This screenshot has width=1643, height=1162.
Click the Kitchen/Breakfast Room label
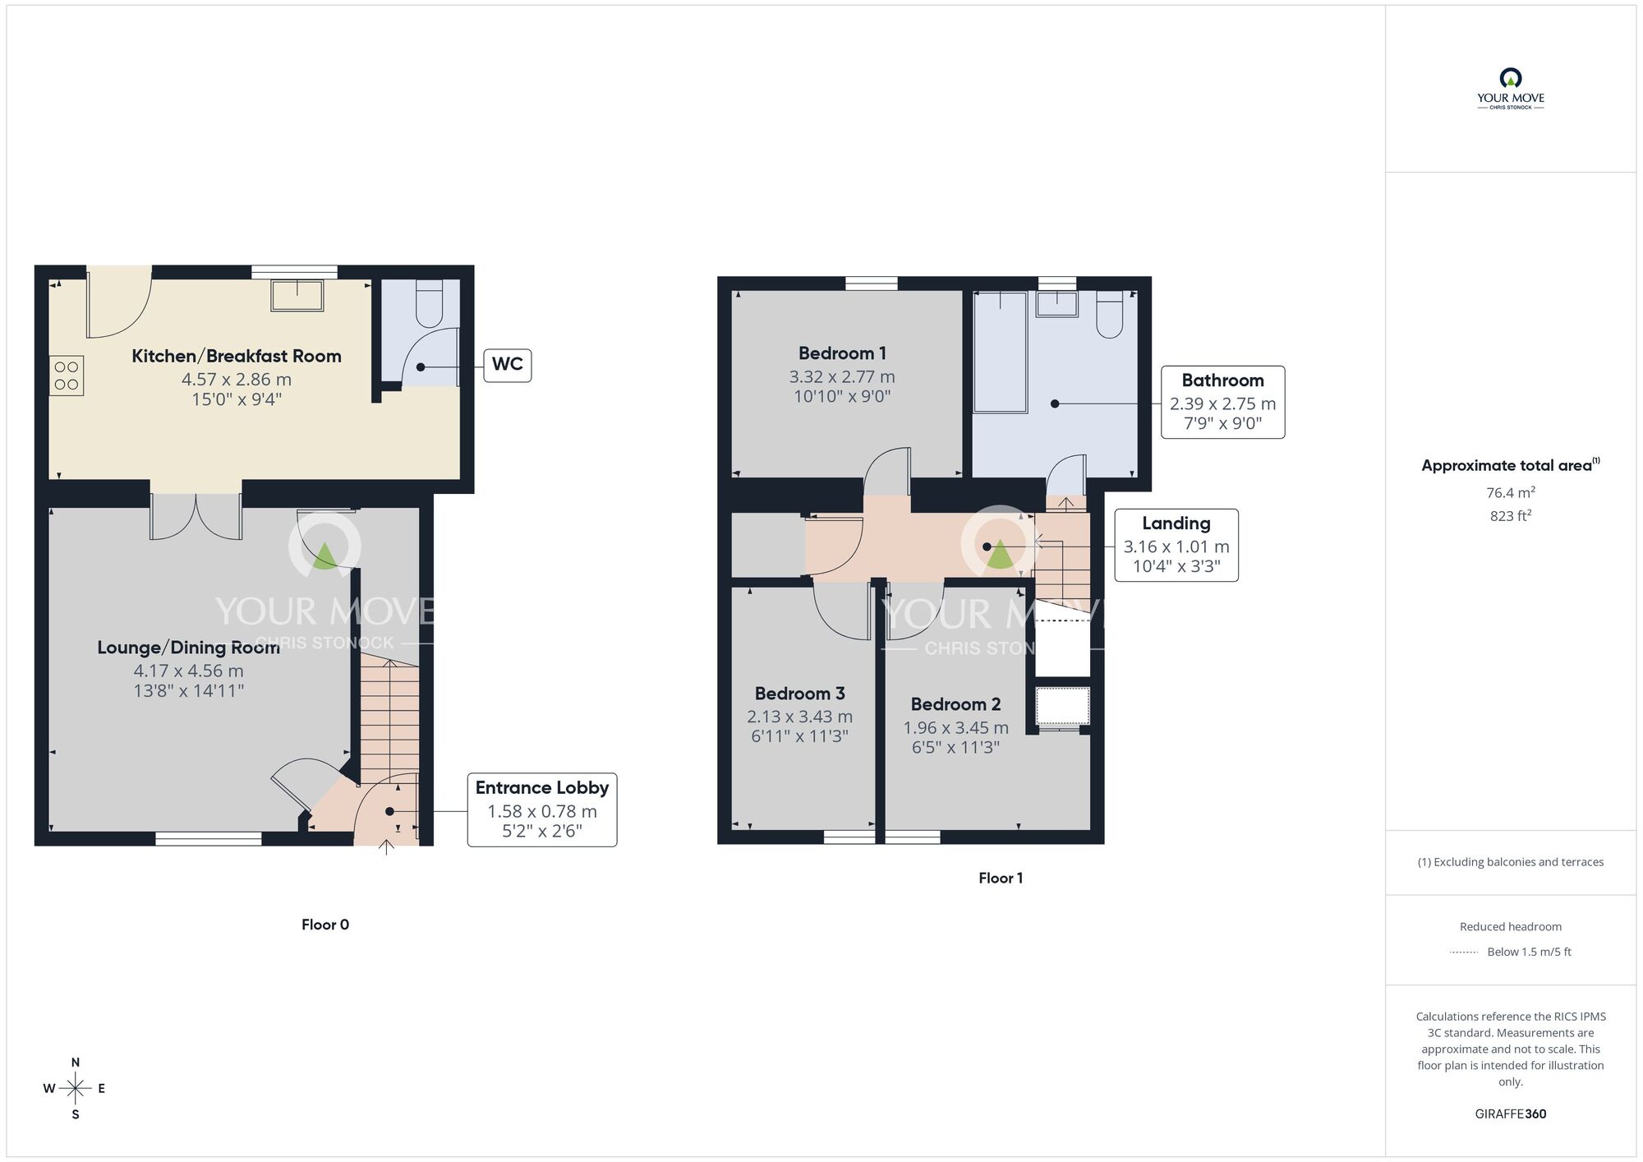[x=237, y=356]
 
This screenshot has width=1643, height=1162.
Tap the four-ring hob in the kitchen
[x=67, y=376]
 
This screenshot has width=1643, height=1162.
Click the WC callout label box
[x=508, y=365]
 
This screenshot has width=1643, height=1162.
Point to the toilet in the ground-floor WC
[x=429, y=303]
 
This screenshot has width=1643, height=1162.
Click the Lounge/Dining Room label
[x=189, y=648]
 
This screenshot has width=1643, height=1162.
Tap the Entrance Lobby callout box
[x=542, y=809]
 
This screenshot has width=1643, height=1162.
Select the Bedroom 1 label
[x=842, y=353]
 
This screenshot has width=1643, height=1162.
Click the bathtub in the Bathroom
[x=1000, y=352]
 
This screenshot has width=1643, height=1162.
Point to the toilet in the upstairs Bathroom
[x=1110, y=313]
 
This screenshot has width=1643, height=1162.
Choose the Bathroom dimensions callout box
[x=1222, y=402]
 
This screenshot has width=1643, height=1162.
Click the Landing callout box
[x=1176, y=545]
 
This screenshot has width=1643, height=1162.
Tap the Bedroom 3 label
[x=800, y=694]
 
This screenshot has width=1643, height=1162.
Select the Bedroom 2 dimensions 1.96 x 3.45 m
[x=956, y=727]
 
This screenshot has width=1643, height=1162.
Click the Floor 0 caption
[x=325, y=925]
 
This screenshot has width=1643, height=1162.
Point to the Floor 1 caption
[x=1001, y=878]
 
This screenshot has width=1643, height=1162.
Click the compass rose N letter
[x=76, y=1063]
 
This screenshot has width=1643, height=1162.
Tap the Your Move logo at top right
[x=1511, y=89]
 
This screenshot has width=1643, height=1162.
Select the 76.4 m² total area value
[x=1511, y=492]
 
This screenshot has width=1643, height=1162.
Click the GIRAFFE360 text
[x=1511, y=1114]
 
